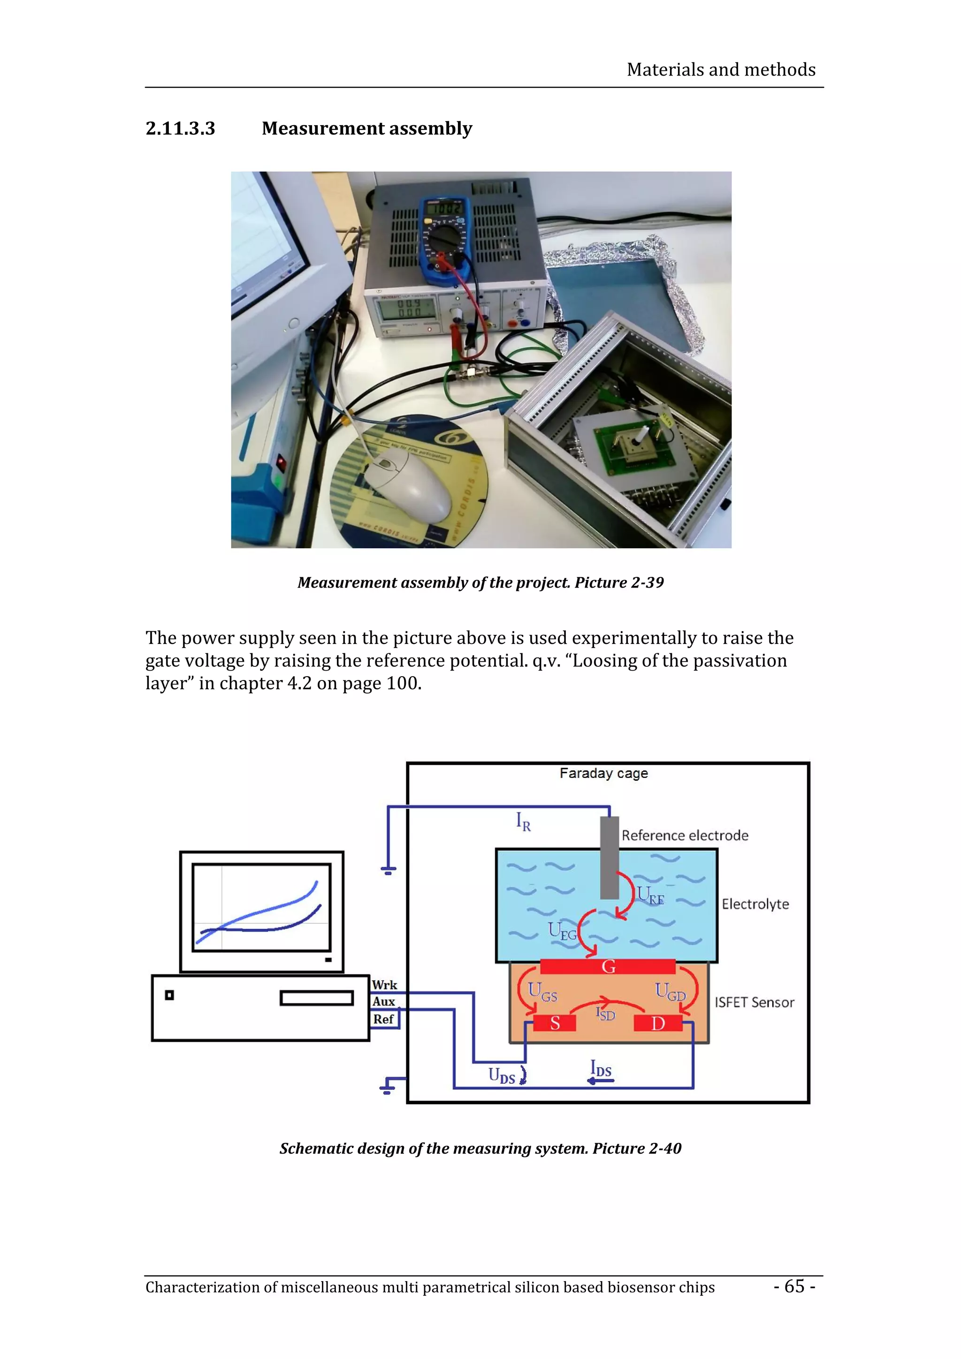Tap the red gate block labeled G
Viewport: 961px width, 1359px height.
[608, 966]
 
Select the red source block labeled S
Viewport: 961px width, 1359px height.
[554, 1023]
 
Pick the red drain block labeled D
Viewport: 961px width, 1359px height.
[657, 1023]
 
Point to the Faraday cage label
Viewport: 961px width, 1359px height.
[603, 773]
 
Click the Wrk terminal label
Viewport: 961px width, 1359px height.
[384, 984]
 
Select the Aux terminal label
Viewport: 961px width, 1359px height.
[384, 1002]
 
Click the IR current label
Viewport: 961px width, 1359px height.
[523, 822]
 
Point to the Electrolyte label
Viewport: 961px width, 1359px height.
[755, 904]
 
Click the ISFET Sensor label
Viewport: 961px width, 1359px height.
[754, 1002]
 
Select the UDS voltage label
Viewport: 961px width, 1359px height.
[501, 1075]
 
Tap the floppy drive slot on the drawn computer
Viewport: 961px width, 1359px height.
[316, 998]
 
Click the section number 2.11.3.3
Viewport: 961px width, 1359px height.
[180, 128]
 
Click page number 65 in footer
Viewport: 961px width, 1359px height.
[794, 1285]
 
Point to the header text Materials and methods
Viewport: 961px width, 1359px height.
[721, 70]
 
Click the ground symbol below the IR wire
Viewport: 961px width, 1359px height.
[388, 870]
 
